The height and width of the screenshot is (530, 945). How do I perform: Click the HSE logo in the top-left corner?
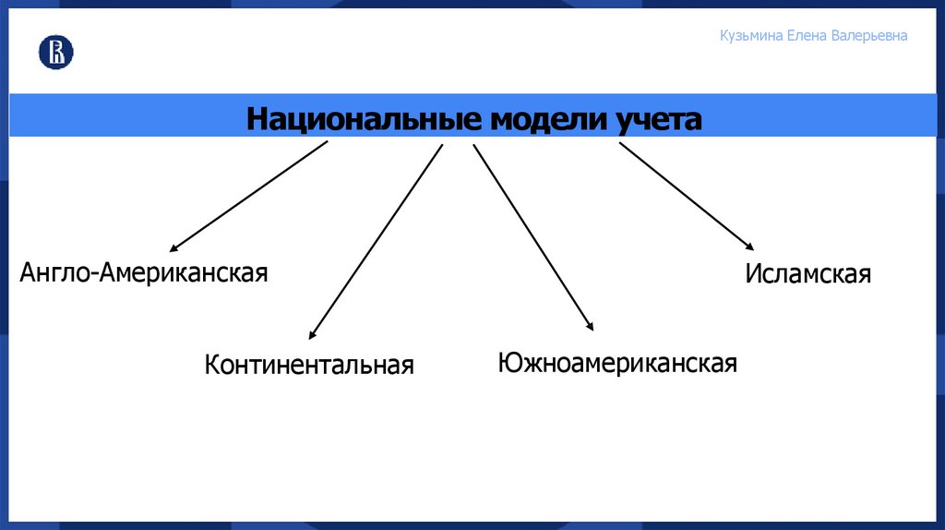tap(55, 53)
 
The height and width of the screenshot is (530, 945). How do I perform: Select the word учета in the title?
tap(655, 119)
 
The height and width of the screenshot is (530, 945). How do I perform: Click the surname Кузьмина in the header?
tap(751, 36)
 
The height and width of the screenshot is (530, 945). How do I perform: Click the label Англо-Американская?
tap(144, 272)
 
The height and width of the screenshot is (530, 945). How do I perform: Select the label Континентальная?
tap(309, 364)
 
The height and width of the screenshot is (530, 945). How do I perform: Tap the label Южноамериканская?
tap(616, 362)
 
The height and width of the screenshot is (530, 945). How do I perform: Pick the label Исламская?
tap(808, 274)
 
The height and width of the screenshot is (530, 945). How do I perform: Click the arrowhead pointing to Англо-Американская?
tap(173, 249)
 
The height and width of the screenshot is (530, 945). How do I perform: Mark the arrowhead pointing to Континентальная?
tap(311, 336)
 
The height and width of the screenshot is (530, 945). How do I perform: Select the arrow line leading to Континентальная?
tap(377, 241)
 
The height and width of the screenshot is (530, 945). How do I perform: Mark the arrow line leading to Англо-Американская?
tap(249, 197)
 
